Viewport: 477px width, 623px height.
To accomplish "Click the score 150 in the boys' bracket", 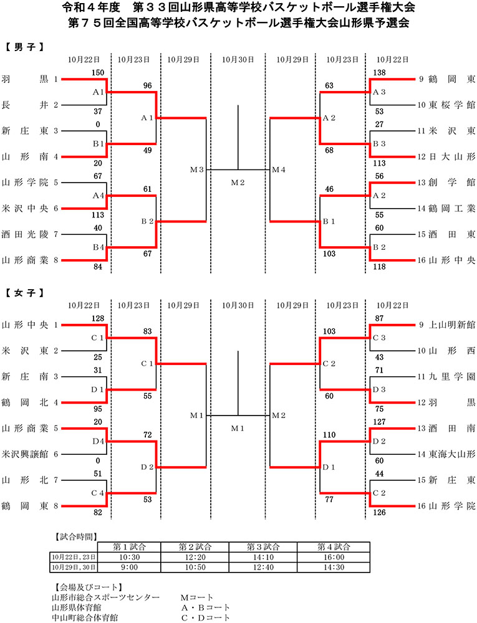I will click(97, 73).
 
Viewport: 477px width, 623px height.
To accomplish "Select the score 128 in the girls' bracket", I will click(97, 318).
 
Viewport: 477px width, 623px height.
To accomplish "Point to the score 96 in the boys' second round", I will click(148, 86).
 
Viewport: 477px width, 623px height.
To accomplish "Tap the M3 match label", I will click(198, 169).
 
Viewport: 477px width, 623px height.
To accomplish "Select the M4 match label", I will click(278, 169).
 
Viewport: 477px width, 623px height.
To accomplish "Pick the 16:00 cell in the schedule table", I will click(331, 558).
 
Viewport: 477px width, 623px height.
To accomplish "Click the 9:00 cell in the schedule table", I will click(130, 568).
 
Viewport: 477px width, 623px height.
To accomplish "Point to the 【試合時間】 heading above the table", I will click(77, 536).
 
